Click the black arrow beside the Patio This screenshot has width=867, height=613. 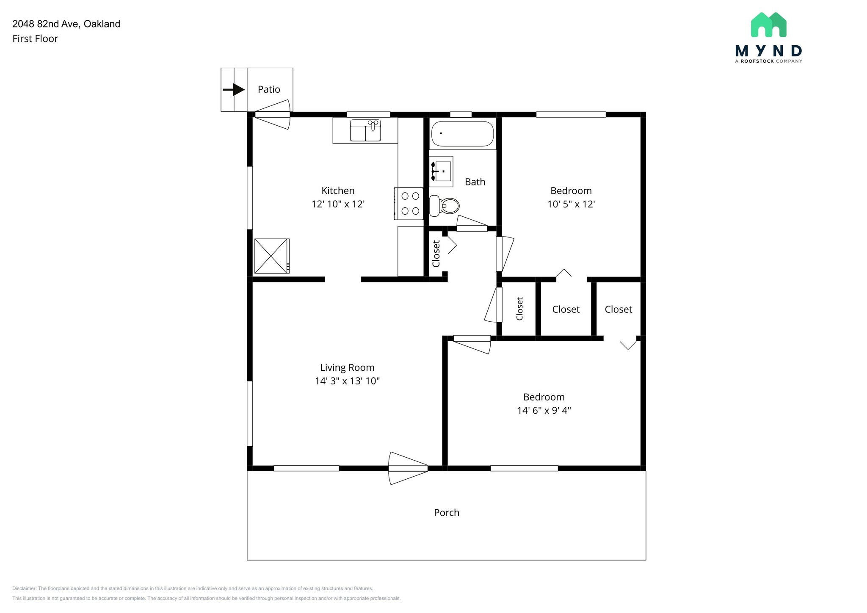(234, 90)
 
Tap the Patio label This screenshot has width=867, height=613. (269, 89)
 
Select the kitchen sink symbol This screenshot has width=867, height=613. (365, 130)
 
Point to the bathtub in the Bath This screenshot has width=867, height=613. (462, 133)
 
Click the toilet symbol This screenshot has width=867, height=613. (445, 206)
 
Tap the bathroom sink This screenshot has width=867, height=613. (442, 171)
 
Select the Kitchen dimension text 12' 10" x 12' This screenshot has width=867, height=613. (338, 204)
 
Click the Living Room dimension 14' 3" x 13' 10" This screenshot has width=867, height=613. (347, 381)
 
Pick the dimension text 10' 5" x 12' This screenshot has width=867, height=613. (571, 204)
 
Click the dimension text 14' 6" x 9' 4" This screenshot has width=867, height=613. (544, 410)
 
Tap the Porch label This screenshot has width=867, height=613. (446, 513)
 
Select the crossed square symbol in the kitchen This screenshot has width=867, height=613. (271, 256)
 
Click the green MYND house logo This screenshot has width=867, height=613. (768, 25)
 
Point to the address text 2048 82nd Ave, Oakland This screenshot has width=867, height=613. (66, 24)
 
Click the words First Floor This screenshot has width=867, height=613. (35, 39)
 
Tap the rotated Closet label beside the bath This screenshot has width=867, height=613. (436, 254)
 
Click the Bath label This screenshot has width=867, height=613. (475, 182)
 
